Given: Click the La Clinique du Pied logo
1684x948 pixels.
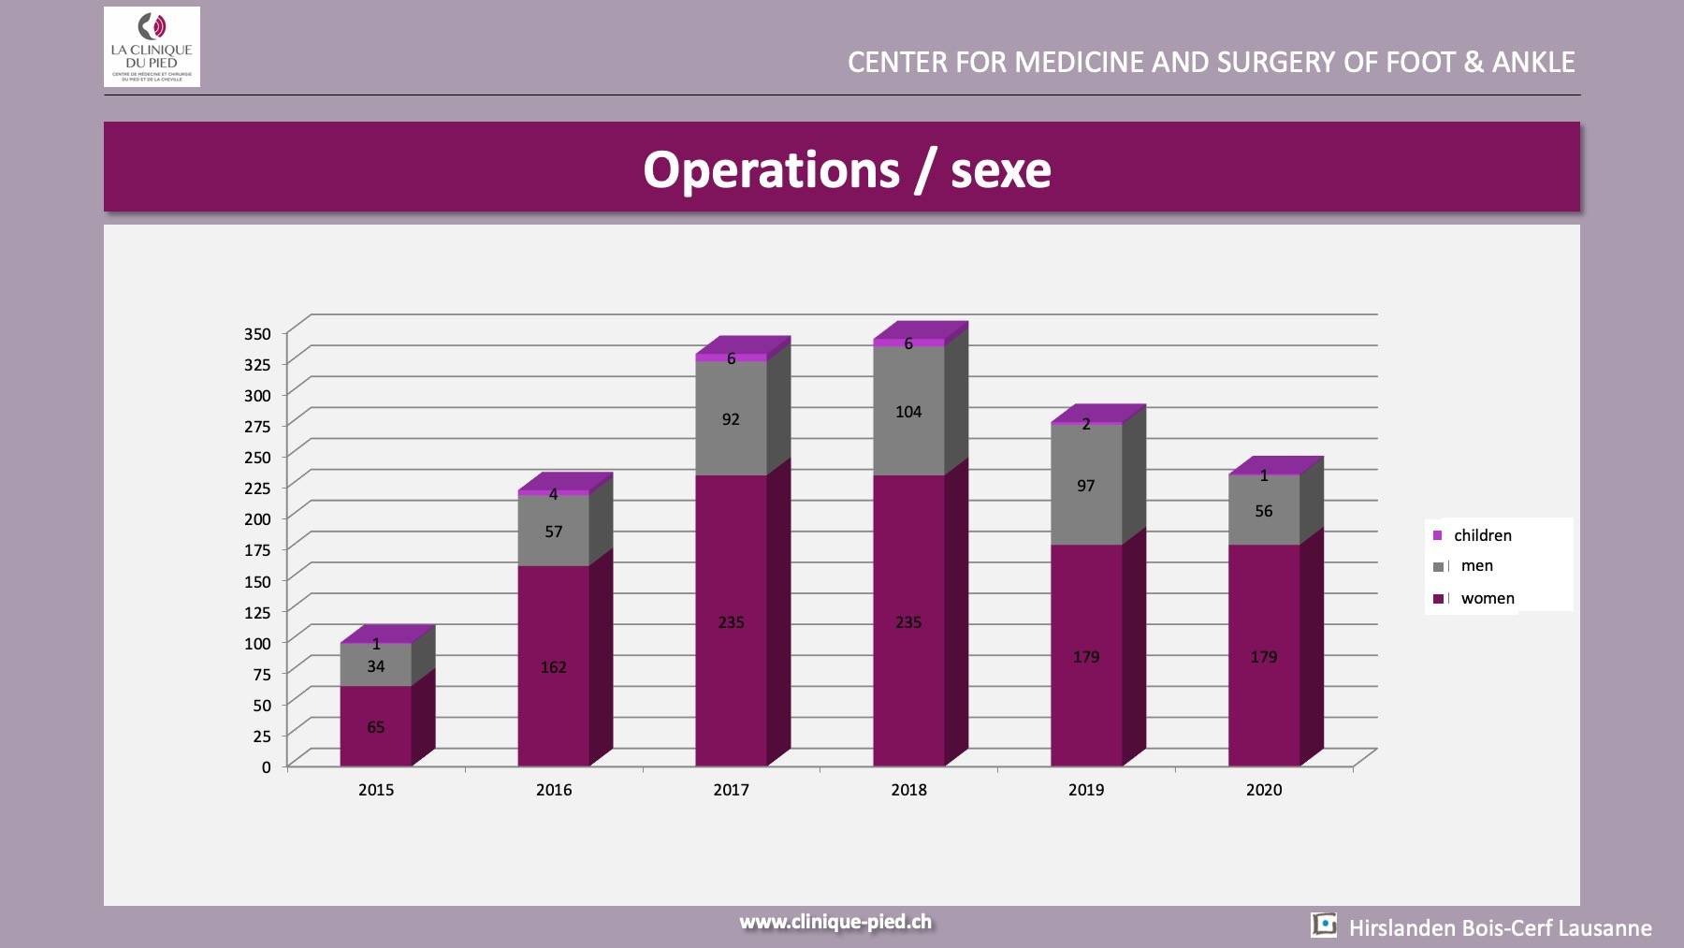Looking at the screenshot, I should click(152, 47).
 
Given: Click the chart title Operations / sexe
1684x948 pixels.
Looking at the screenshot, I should click(847, 169).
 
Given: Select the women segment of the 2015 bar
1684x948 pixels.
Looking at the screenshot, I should click(375, 726).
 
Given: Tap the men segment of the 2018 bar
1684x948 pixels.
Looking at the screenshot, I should click(908, 412).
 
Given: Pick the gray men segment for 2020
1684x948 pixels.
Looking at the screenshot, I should click(1263, 511).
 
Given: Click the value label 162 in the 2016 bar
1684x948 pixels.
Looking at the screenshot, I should click(553, 667).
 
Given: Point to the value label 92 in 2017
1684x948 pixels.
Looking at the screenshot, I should click(731, 419).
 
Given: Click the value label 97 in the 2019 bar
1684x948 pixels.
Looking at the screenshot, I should click(1085, 486).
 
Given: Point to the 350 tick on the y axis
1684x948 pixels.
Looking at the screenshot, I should click(257, 334).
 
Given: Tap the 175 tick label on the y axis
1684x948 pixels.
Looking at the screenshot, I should click(257, 550).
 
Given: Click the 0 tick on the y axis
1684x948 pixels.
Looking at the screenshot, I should click(267, 767).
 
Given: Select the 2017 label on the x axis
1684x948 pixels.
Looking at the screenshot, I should click(731, 790).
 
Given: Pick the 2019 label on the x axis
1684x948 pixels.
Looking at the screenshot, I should click(1085, 790).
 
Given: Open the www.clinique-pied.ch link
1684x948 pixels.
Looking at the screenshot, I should click(835, 922).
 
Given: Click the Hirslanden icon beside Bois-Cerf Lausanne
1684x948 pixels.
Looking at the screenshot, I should click(1324, 926).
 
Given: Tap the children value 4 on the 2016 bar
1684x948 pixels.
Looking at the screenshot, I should click(553, 494).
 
